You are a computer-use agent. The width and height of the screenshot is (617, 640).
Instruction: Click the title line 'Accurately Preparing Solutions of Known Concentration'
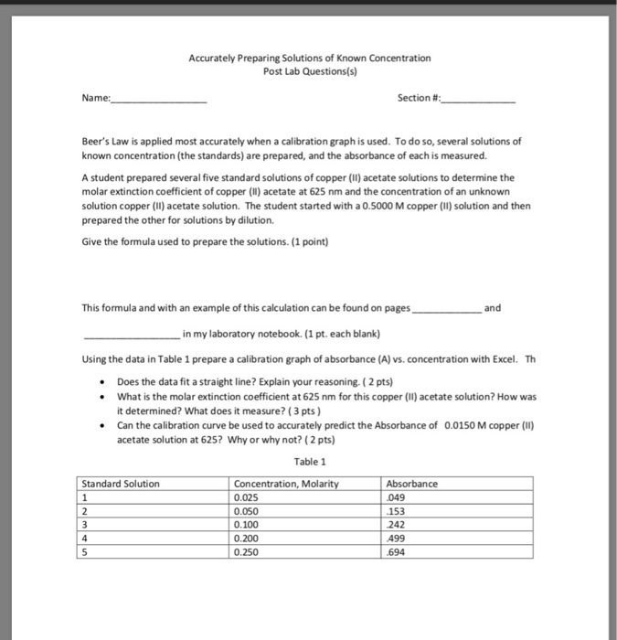(x=309, y=58)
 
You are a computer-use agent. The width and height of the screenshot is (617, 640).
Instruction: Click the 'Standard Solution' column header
(x=121, y=484)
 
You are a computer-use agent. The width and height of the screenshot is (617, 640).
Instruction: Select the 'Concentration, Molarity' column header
(x=286, y=484)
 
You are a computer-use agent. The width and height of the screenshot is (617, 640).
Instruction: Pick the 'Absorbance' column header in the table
(x=412, y=484)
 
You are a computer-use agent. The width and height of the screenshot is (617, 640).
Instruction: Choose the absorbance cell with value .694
(x=396, y=552)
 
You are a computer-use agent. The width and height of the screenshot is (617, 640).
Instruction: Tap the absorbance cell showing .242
(x=396, y=525)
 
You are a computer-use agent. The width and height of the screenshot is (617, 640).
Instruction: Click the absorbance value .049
(x=396, y=497)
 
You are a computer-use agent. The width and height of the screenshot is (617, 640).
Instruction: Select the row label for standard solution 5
(x=86, y=552)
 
